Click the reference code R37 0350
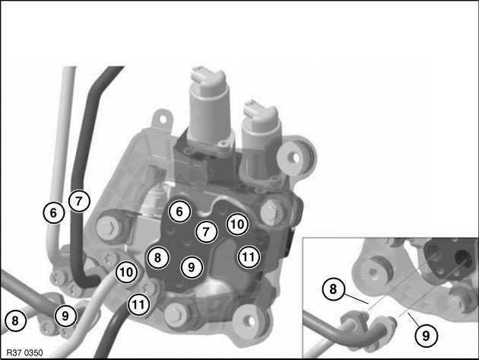pyautogui.click(x=25, y=352)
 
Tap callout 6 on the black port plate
pyautogui.click(x=179, y=212)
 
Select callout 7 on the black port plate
pyautogui.click(x=207, y=231)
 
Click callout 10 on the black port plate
pyautogui.click(x=237, y=225)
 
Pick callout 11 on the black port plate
pyautogui.click(x=249, y=256)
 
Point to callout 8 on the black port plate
pyautogui.click(x=157, y=257)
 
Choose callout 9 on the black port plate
pyautogui.click(x=192, y=267)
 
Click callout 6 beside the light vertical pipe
pyautogui.click(x=53, y=212)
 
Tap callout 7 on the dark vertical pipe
pyautogui.click(x=79, y=201)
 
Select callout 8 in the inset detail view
pyautogui.click(x=333, y=289)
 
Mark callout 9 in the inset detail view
pyautogui.click(x=426, y=336)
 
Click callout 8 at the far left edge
pyautogui.click(x=15, y=321)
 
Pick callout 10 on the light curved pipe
pyautogui.click(x=126, y=272)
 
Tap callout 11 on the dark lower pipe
pyautogui.click(x=138, y=304)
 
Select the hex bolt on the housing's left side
pyautogui.click(x=108, y=227)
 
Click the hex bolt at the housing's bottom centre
pyautogui.click(x=176, y=315)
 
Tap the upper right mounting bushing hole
pyautogui.click(x=295, y=158)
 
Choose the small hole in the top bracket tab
pyautogui.click(x=163, y=119)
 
